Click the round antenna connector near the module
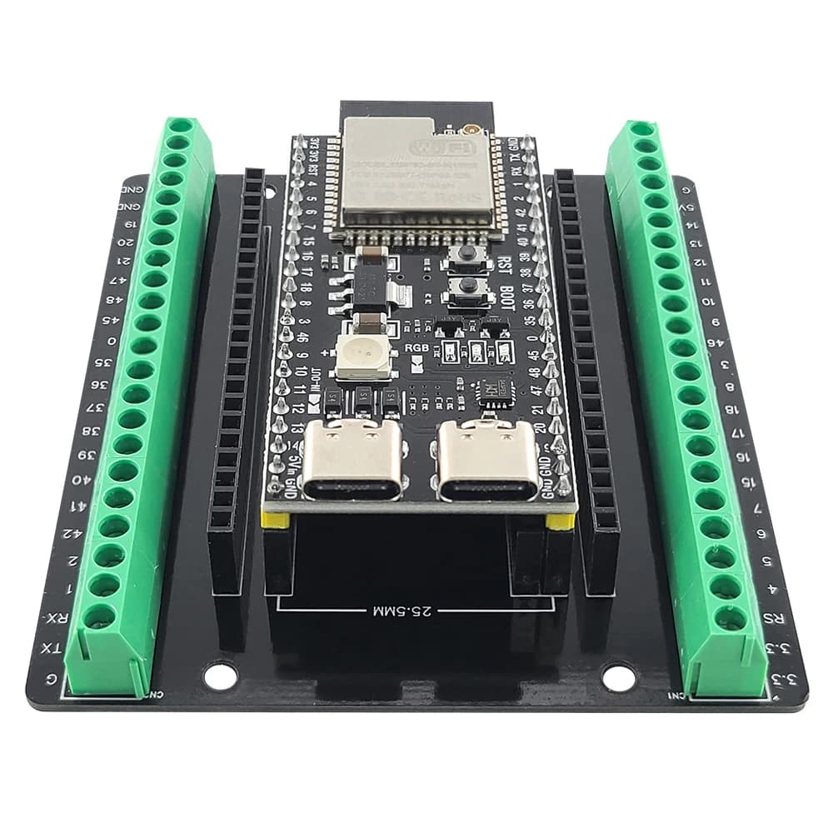click(x=471, y=131)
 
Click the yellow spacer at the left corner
click(x=276, y=521)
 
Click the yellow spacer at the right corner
click(x=561, y=521)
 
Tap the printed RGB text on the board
click(x=416, y=347)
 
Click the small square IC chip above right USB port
click(x=493, y=390)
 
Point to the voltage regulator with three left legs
click(x=365, y=287)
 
